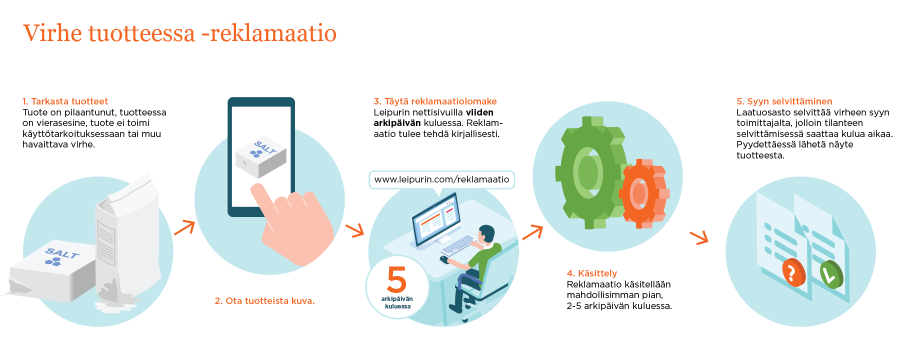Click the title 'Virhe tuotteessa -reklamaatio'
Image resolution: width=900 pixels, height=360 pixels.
(x=180, y=33)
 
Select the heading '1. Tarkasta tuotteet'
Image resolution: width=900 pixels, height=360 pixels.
(x=65, y=101)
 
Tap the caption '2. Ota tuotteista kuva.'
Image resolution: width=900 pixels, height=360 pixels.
(x=264, y=301)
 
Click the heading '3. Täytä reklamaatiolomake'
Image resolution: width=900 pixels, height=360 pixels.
(x=435, y=101)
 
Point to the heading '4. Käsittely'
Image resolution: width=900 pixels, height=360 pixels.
(x=591, y=273)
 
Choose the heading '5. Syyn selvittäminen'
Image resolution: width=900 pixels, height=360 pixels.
(x=784, y=101)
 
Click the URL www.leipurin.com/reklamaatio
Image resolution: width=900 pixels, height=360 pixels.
(x=441, y=179)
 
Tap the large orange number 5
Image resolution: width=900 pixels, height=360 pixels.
(x=397, y=279)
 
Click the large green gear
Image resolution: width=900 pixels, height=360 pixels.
(x=590, y=172)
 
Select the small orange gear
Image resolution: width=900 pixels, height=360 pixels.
(x=642, y=193)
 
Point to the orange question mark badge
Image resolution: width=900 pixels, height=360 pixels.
(x=793, y=272)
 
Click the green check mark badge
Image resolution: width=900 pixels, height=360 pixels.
(x=831, y=274)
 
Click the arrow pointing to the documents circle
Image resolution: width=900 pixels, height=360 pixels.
(x=699, y=237)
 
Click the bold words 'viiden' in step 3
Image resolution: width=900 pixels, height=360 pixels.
(x=479, y=112)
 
